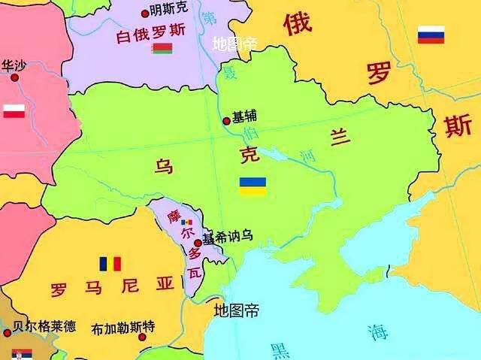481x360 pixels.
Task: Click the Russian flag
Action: (x=431, y=35)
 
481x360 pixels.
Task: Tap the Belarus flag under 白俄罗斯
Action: (x=162, y=50)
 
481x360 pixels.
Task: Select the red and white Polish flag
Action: (x=14, y=111)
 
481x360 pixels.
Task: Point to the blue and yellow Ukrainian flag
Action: (x=253, y=186)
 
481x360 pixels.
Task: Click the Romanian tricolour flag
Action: (x=110, y=264)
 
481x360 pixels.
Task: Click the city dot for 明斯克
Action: (x=145, y=13)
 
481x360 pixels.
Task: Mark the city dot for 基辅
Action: (x=226, y=120)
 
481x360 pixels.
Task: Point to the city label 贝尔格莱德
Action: (x=44, y=327)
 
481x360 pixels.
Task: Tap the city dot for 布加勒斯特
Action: (x=141, y=337)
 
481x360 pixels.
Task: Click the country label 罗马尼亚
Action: (x=112, y=286)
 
